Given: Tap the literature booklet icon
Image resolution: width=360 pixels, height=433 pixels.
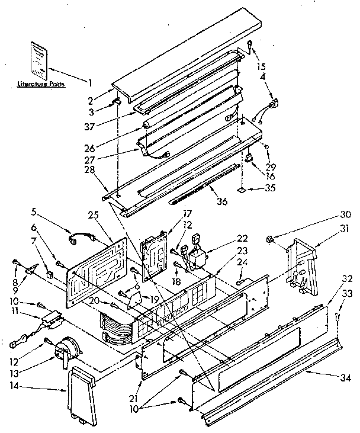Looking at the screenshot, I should [38, 60].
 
